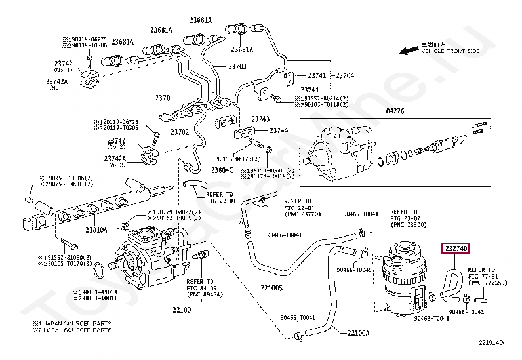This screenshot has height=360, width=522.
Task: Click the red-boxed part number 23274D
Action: (456, 249)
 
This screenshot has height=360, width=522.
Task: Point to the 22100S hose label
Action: (271, 287)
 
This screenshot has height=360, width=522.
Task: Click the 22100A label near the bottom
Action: (358, 333)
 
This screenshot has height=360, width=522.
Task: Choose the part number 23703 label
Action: (237, 66)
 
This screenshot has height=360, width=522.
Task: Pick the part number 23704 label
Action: (345, 76)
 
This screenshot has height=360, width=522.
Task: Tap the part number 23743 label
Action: (260, 119)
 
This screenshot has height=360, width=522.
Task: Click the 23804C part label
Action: (222, 169)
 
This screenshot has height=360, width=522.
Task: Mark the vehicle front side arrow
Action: (411, 50)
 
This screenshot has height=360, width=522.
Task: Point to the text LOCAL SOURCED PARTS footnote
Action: (75, 329)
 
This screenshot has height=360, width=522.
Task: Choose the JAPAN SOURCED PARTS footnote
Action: (75, 323)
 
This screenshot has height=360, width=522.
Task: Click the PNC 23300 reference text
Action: (409, 225)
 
